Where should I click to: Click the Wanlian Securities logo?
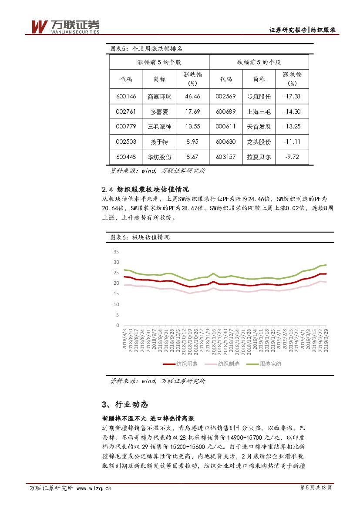click(65, 27)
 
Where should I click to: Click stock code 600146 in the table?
click(126, 96)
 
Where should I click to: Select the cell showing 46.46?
click(192, 96)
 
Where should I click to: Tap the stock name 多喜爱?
click(159, 111)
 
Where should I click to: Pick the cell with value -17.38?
click(292, 96)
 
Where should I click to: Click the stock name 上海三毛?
click(259, 111)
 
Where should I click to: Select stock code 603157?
click(225, 157)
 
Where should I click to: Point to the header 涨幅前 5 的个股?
click(159, 62)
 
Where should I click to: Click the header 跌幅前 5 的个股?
click(259, 62)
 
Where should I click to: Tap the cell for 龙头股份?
click(259, 142)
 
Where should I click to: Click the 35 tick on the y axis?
click(116, 252)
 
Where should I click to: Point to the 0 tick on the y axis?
click(117, 325)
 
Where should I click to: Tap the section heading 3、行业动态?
click(125, 405)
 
